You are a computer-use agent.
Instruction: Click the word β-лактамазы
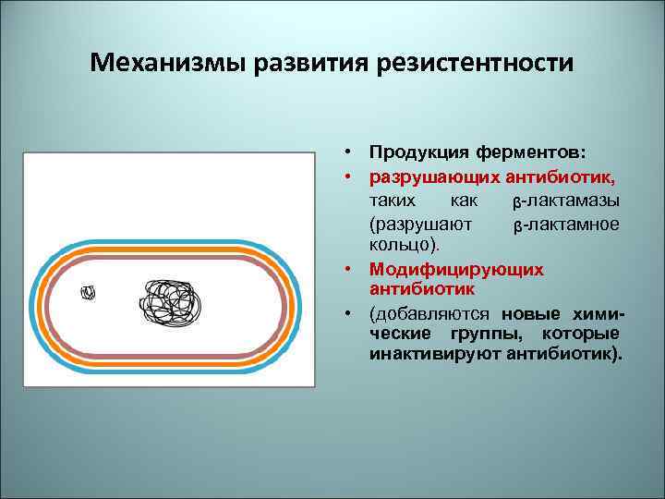click(564, 201)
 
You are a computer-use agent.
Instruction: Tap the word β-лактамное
click(564, 225)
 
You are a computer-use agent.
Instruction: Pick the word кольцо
click(403, 246)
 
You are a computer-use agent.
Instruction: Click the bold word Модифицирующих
click(456, 269)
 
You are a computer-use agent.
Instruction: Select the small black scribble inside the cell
click(89, 292)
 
